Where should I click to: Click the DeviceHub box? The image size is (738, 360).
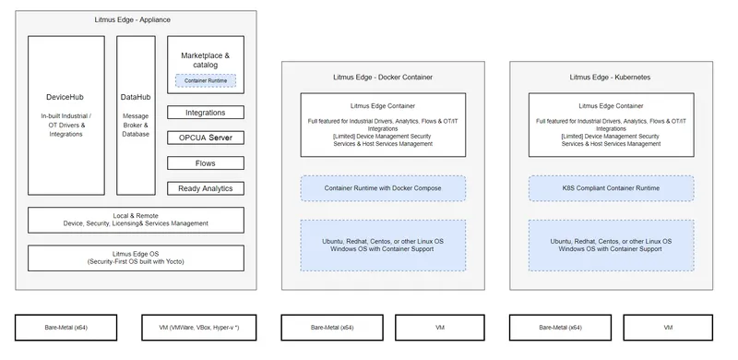click(66, 115)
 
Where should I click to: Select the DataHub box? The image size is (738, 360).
click(136, 115)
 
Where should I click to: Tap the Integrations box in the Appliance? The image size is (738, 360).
click(206, 113)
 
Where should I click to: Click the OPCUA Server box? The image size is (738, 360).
click(206, 138)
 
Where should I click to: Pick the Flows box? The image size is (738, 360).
click(206, 163)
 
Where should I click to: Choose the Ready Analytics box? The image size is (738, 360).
click(206, 188)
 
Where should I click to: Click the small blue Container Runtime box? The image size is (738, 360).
click(206, 81)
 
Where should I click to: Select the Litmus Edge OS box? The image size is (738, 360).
click(136, 257)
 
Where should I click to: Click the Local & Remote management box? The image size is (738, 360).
click(136, 219)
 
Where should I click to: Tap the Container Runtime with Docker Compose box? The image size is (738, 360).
click(383, 188)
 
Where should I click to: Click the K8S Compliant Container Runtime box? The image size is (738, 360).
click(611, 188)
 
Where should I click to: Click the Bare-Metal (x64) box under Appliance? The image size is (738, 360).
click(66, 327)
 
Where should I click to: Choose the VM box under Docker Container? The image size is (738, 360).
click(440, 327)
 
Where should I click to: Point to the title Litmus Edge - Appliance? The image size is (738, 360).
click(133, 19)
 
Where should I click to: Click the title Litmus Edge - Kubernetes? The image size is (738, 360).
click(611, 78)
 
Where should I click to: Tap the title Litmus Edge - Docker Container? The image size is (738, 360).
click(383, 78)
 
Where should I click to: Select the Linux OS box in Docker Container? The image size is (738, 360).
click(383, 245)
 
